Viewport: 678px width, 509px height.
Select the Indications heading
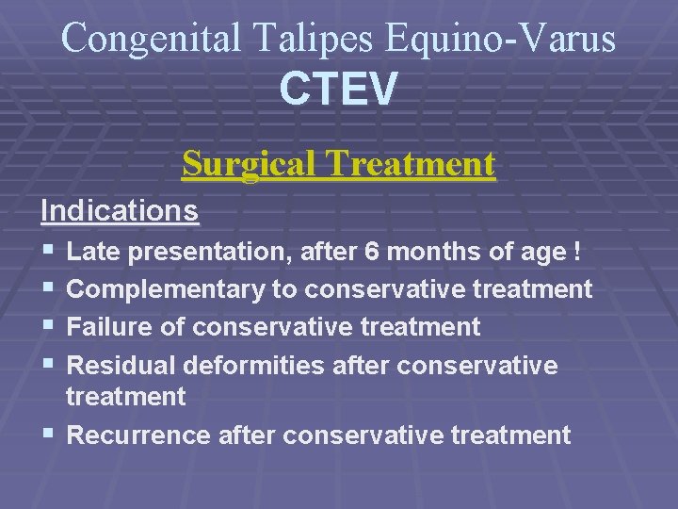click(120, 210)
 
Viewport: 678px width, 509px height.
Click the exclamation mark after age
click(574, 252)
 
